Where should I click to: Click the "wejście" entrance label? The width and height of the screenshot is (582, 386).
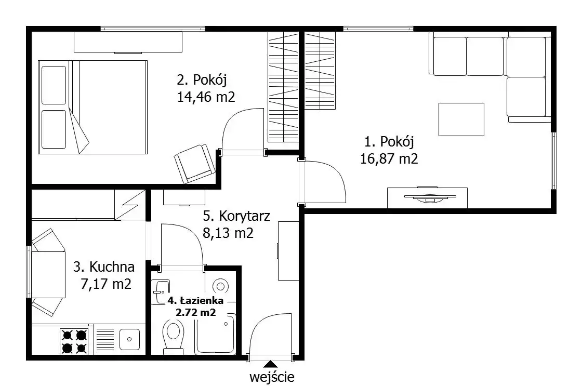[x=272, y=377]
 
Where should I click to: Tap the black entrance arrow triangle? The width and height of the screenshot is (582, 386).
[x=271, y=365]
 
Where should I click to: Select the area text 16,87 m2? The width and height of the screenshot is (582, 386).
[x=389, y=159]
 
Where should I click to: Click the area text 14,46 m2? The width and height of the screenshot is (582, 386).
[x=206, y=97]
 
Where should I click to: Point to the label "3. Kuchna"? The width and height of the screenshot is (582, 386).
[x=104, y=267]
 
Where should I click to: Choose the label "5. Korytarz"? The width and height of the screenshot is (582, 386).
[x=236, y=216]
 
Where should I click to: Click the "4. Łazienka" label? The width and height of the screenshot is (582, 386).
[x=195, y=300]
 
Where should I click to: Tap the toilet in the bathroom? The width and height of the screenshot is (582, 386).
[x=173, y=337]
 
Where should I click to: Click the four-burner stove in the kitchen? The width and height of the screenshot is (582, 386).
[x=74, y=342]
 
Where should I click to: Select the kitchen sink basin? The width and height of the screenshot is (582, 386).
[x=129, y=339]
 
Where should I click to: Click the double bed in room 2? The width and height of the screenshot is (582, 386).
[x=93, y=107]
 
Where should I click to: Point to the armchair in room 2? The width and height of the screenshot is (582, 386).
[x=194, y=163]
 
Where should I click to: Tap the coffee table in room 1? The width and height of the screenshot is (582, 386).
[x=461, y=119]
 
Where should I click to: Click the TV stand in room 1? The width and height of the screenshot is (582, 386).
[x=427, y=197]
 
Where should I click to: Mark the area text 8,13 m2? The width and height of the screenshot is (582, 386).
[x=228, y=233]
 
